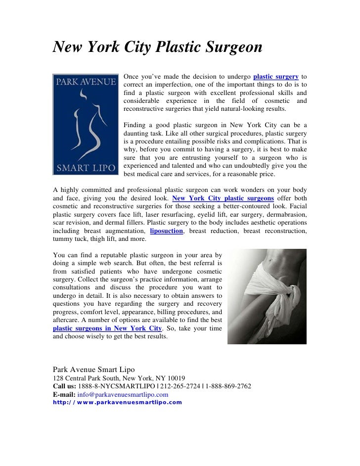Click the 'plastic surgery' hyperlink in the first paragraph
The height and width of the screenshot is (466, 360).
(x=275, y=76)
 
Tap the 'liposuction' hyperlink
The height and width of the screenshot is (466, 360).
(x=167, y=231)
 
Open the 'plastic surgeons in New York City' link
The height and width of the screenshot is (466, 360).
(x=107, y=328)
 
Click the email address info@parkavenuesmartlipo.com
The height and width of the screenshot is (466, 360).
(x=123, y=395)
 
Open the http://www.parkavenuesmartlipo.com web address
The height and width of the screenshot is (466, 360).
(x=117, y=402)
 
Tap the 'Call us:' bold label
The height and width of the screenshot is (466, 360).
(x=65, y=386)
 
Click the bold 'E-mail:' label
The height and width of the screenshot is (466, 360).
(x=64, y=395)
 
